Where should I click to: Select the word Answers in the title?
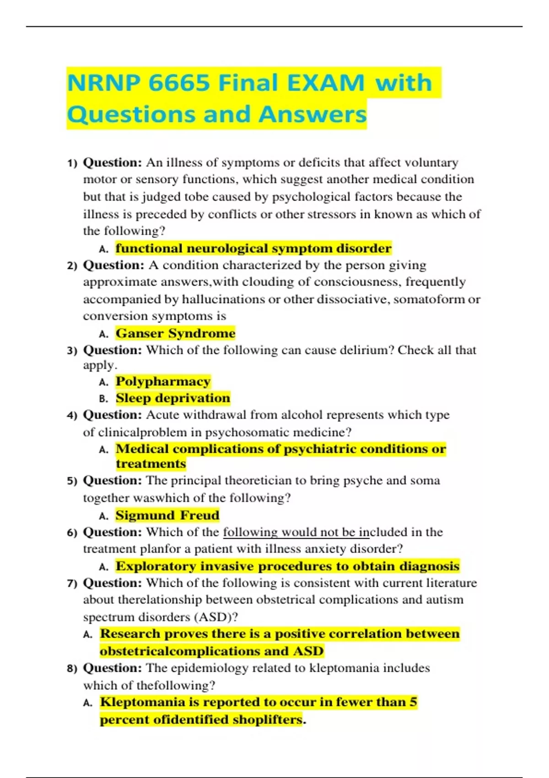coord(312,114)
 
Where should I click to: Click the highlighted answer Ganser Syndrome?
coord(175,333)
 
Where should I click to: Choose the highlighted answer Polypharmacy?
coord(163,381)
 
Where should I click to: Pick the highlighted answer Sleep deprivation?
coord(173,398)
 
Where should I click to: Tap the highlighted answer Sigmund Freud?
coord(167,515)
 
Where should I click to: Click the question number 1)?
coord(72,163)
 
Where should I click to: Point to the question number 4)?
coord(72,416)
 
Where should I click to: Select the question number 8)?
coord(72,669)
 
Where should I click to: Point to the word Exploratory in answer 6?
coord(156,567)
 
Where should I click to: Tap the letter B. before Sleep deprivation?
coord(104,399)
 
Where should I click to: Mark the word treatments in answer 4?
coord(151,464)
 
